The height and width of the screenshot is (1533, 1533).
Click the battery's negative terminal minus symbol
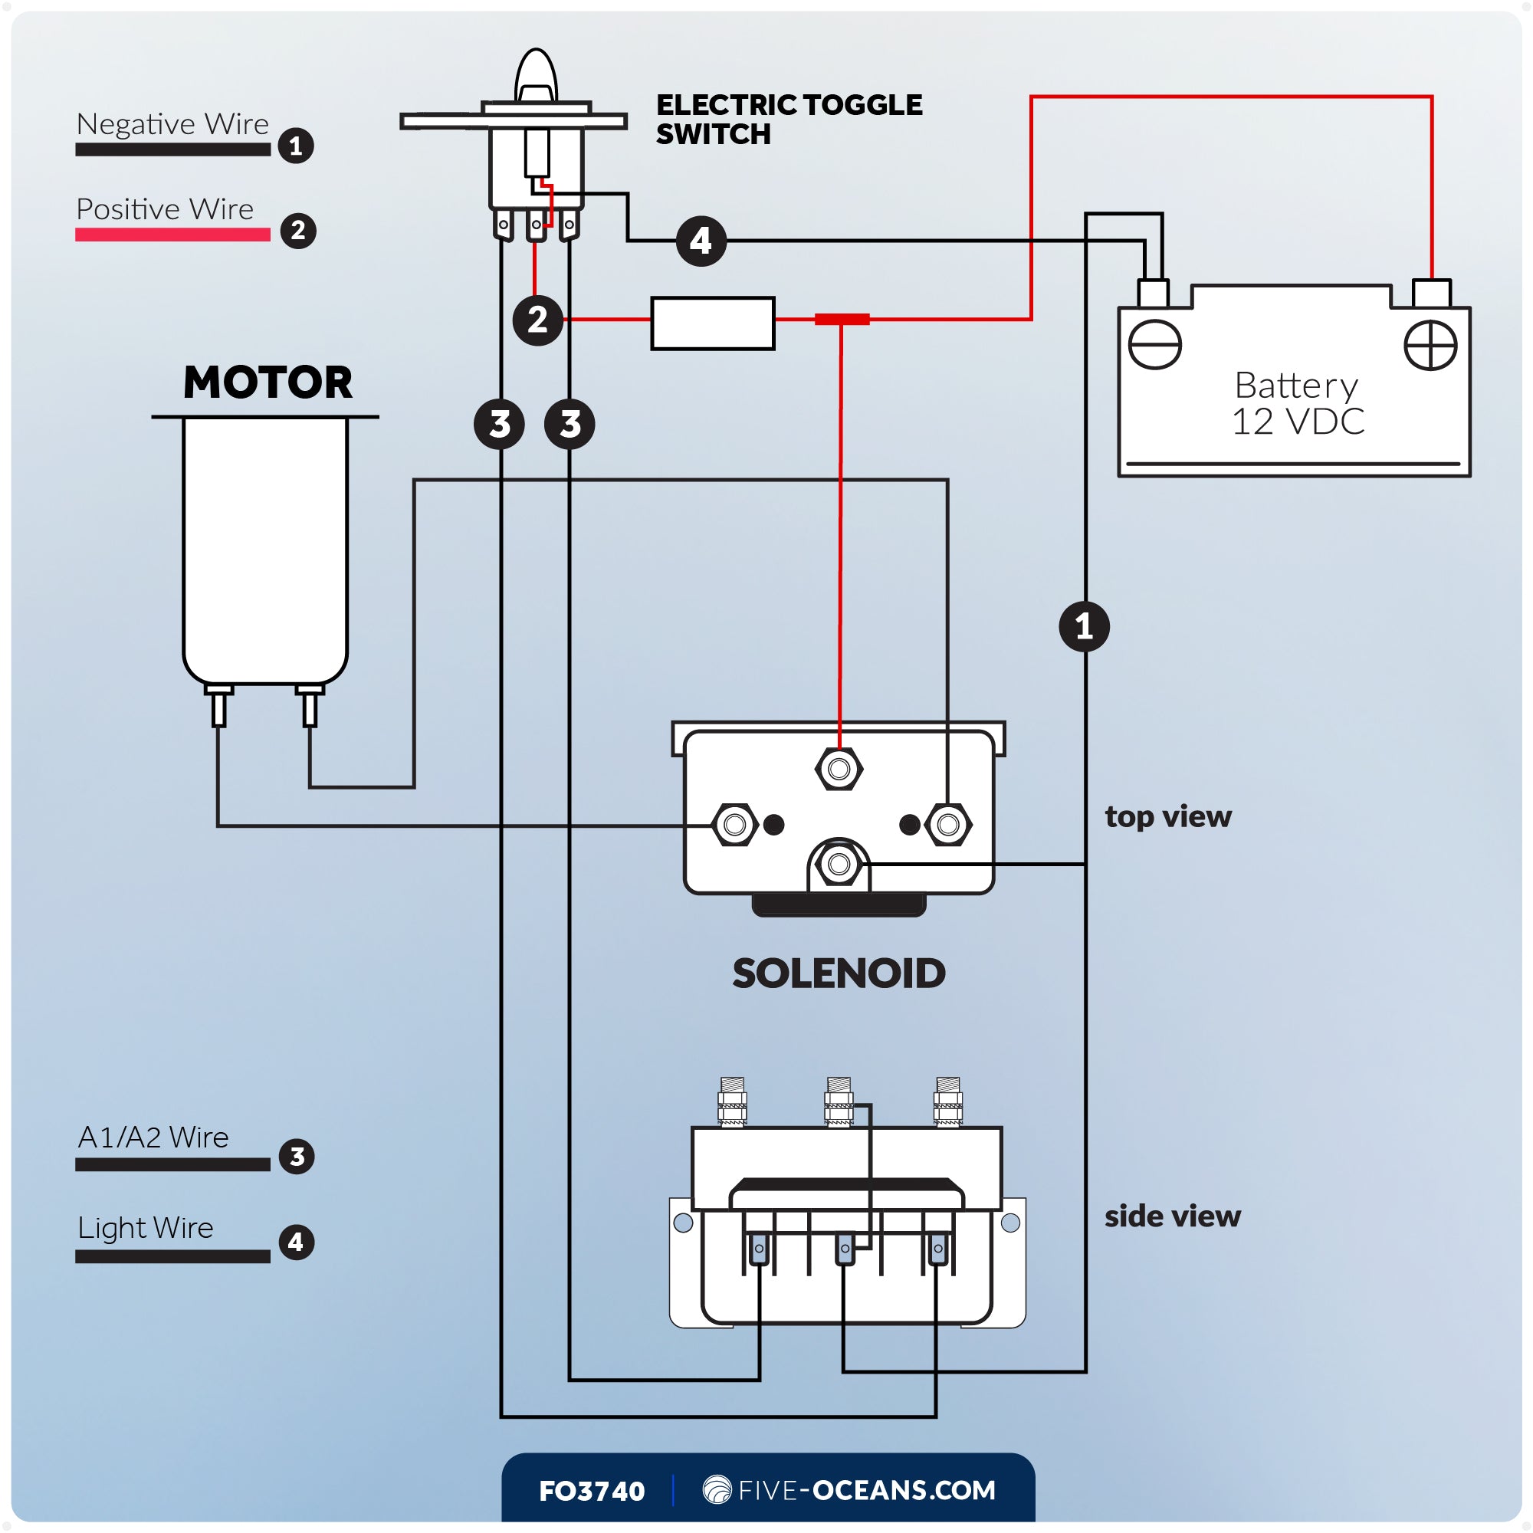tap(1154, 345)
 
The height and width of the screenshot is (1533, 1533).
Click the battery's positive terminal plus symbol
tap(1430, 345)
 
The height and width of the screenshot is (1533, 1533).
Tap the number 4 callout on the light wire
tap(701, 241)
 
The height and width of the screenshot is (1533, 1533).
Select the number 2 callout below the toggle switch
tap(537, 320)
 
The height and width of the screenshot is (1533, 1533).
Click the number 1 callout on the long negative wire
tap(1084, 627)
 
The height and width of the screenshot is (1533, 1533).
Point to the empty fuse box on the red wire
tap(713, 323)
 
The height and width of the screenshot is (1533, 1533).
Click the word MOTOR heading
tap(268, 382)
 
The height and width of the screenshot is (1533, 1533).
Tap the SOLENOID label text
tap(839, 973)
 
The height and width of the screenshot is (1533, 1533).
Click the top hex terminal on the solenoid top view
tap(839, 769)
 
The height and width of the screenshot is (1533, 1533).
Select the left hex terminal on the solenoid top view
tap(735, 825)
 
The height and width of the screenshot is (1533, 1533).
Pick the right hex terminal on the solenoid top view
tap(947, 825)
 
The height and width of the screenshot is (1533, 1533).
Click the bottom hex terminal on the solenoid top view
tap(839, 863)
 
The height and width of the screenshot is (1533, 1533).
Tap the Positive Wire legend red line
tap(172, 235)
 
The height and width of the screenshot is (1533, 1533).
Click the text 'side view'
tap(1172, 1216)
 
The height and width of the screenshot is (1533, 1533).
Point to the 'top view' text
tap(1168, 816)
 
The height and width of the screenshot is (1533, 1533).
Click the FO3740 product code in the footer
tap(591, 1491)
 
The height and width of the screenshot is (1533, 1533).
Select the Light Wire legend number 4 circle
tap(296, 1242)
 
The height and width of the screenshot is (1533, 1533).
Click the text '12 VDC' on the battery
tap(1298, 422)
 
